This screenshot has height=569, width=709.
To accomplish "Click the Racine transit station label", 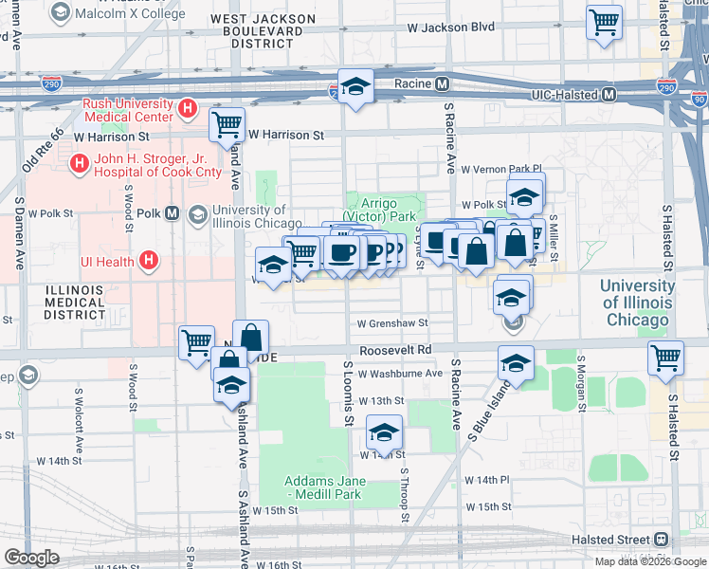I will click(x=409, y=84).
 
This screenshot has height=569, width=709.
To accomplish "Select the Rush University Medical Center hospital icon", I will click(x=188, y=109).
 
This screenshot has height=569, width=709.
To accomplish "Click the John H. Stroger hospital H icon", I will click(x=80, y=164).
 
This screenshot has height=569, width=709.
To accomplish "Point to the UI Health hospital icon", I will click(x=149, y=260).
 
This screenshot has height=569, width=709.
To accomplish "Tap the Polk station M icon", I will click(x=172, y=213).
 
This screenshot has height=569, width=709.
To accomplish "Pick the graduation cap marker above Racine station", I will click(x=355, y=87).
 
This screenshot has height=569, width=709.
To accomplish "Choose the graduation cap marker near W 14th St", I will click(x=384, y=431).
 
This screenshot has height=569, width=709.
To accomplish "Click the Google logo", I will click(x=31, y=558).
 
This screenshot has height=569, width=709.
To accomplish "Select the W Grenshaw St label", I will click(x=392, y=323).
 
